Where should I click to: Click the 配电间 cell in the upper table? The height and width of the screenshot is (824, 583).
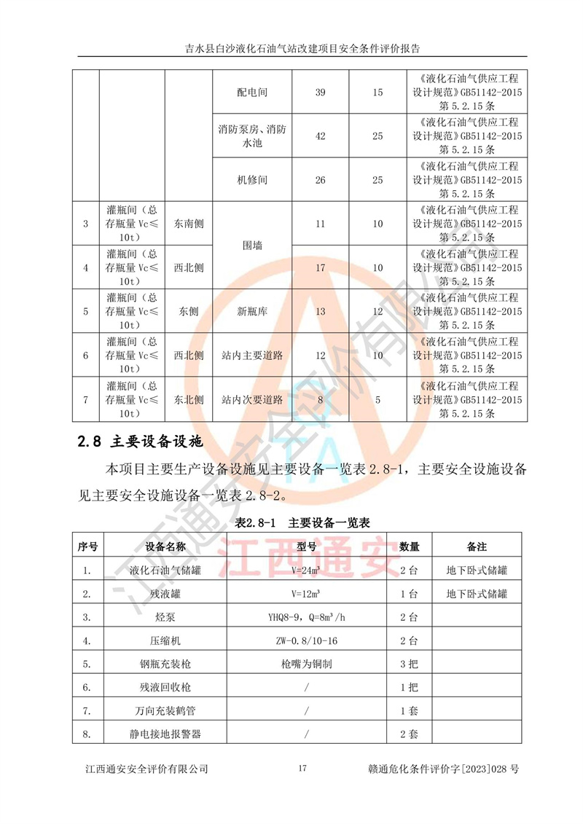tap(253, 93)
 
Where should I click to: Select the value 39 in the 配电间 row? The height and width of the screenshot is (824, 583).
tap(320, 93)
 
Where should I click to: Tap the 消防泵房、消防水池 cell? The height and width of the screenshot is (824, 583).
tap(253, 136)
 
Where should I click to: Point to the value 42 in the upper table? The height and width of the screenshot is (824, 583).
tap(320, 136)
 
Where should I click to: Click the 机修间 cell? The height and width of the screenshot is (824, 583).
tap(253, 180)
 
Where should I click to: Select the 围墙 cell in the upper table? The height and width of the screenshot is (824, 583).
tap(253, 246)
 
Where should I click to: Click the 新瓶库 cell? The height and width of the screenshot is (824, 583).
tap(253, 311)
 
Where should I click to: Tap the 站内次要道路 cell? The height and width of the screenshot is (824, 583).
tap(253, 399)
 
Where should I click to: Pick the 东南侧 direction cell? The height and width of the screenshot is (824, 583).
tap(189, 224)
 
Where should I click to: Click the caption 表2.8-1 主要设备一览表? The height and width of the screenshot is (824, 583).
tap(303, 522)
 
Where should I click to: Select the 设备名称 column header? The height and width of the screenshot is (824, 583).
tap(165, 546)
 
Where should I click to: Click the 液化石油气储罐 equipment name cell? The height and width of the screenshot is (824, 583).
tap(165, 570)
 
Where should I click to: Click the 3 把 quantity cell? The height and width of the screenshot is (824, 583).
tap(409, 664)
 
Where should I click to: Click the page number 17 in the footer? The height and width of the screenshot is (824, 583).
tap(303, 769)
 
